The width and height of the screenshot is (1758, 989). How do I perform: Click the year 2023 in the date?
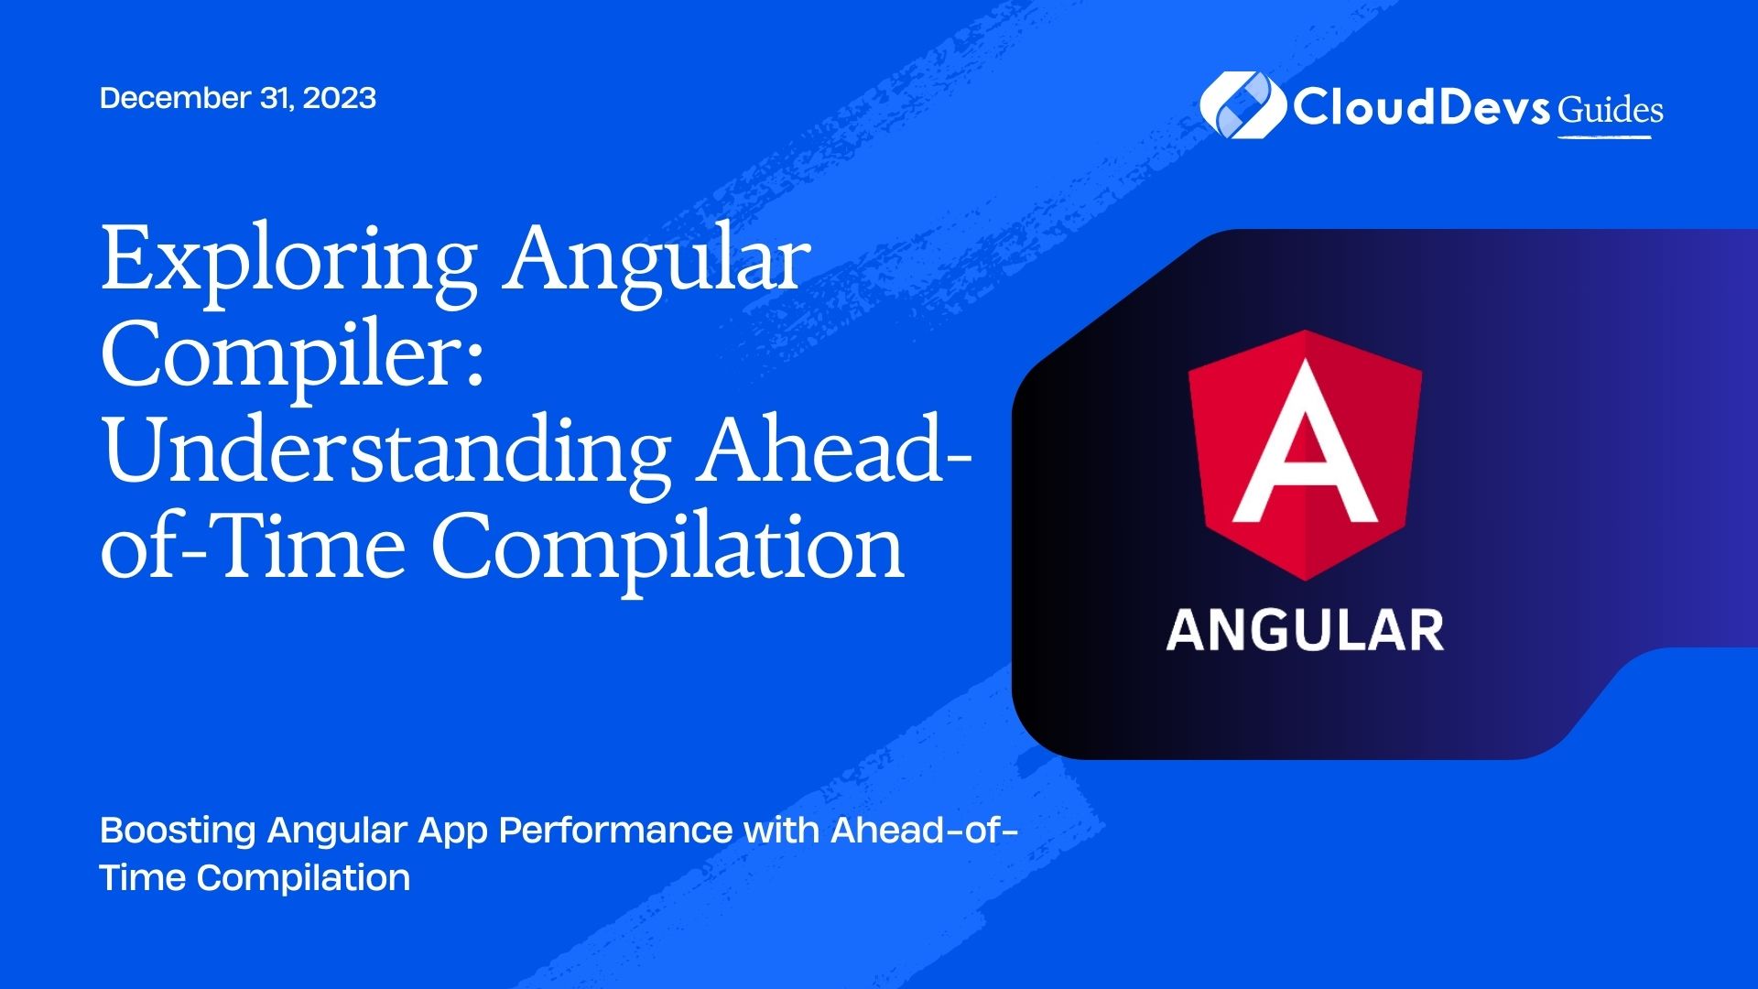tap(339, 98)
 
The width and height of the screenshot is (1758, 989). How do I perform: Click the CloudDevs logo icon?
tap(1243, 106)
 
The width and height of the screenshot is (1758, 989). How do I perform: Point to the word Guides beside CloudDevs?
tap(1611, 111)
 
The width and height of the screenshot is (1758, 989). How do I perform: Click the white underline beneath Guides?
tap(1605, 137)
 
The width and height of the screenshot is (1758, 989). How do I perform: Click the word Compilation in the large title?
tap(668, 549)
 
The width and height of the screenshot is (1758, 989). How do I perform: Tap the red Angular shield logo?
tap(1305, 455)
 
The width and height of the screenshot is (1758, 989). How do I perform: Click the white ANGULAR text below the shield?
tap(1306, 631)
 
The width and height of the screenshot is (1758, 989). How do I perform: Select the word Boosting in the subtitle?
tap(178, 831)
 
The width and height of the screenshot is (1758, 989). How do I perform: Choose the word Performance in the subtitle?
tap(615, 830)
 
